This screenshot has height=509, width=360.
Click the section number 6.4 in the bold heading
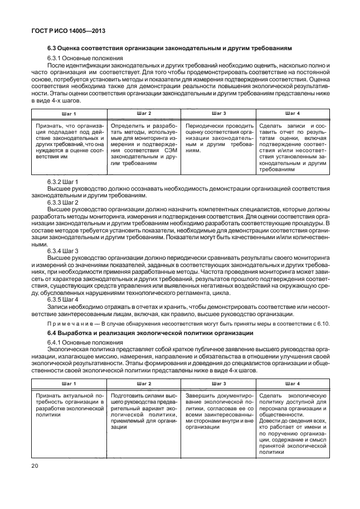tap(53, 333)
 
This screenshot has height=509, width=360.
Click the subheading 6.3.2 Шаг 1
tap(63, 182)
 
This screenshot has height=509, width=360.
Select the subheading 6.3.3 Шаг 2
tap(63, 202)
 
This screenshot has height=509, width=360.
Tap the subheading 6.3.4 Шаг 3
tap(63, 251)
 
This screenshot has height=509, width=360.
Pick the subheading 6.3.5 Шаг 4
tap(63, 300)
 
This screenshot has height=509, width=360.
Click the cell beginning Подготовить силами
tap(142, 411)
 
